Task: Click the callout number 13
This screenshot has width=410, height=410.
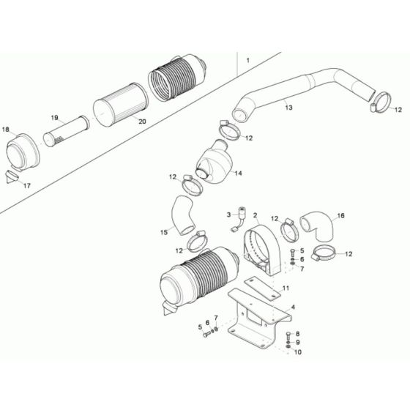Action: pyautogui.click(x=288, y=108)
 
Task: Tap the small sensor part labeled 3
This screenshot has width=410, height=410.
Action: pyautogui.click(x=239, y=215)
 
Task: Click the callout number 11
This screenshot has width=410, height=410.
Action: pyautogui.click(x=286, y=288)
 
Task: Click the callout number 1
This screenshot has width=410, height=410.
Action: pyautogui.click(x=247, y=58)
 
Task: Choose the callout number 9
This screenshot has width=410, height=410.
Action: pyautogui.click(x=298, y=342)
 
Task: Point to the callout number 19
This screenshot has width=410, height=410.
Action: pyautogui.click(x=54, y=118)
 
